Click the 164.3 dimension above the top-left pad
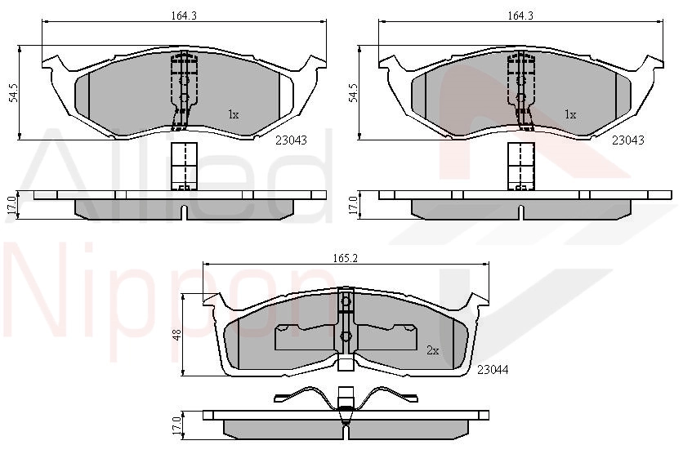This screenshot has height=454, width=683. [x=184, y=16]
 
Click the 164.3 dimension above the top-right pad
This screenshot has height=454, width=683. [x=520, y=16]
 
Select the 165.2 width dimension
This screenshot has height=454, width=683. [x=346, y=258]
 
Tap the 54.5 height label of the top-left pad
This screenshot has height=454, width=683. [x=14, y=93]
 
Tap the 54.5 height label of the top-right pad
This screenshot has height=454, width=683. [x=353, y=93]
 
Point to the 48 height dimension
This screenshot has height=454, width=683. [x=176, y=335]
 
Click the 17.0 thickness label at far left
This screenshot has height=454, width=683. [x=11, y=205]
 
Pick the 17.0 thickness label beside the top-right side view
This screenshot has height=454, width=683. [x=353, y=205]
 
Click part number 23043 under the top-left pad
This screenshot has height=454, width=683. [x=291, y=140]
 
